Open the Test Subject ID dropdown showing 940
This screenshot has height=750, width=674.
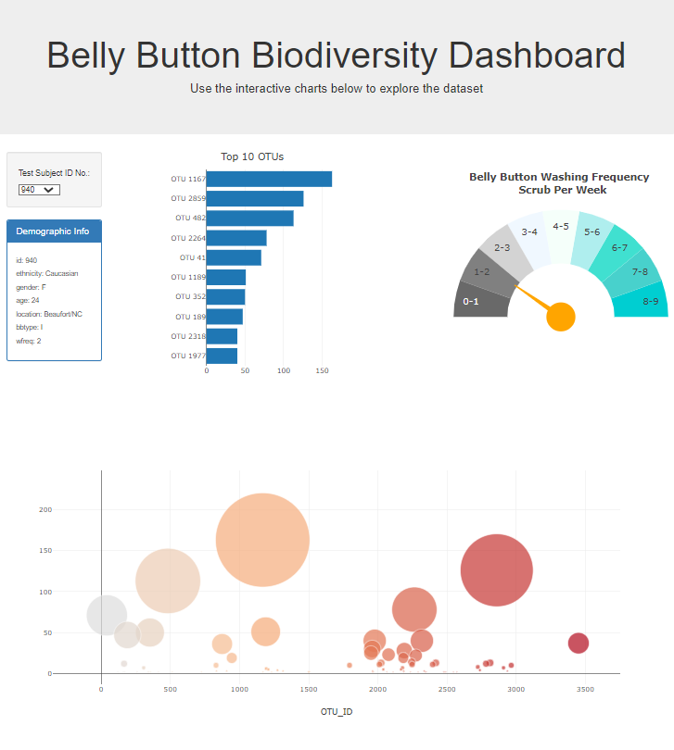click(39, 189)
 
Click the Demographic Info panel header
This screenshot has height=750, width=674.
click(54, 231)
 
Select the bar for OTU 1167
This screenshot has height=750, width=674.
click(269, 179)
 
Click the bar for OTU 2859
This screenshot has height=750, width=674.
click(255, 198)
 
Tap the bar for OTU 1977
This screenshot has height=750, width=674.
click(222, 356)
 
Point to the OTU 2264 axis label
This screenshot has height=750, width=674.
click(187, 237)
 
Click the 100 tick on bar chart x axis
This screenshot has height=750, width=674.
click(284, 370)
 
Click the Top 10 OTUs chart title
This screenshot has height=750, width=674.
click(252, 156)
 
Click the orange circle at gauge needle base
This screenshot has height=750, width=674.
click(561, 317)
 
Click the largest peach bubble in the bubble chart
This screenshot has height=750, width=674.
click(262, 540)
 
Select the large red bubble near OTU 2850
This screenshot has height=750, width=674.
click(497, 570)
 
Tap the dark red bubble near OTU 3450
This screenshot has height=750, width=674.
click(579, 643)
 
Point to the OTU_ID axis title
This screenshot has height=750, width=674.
click(337, 712)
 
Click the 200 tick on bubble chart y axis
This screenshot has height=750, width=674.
click(45, 509)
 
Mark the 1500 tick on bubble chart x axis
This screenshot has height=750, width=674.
click(309, 689)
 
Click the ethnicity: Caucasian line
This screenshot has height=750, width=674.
click(47, 274)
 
